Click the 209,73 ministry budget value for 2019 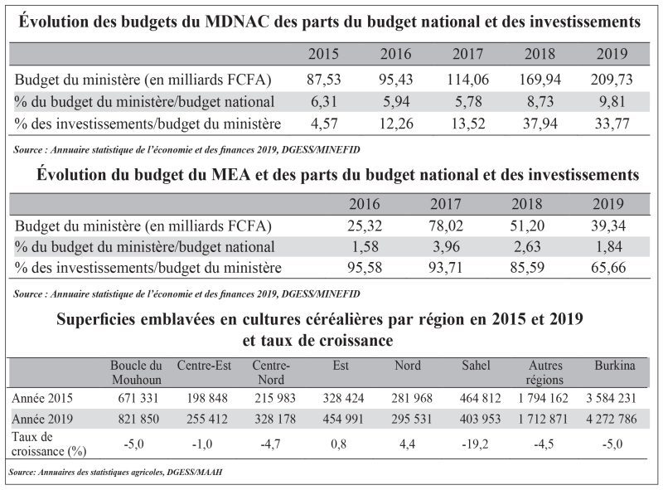[x=612, y=79]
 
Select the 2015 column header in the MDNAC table [x=323, y=54]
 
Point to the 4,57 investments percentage [x=323, y=124]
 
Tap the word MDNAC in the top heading [x=237, y=22]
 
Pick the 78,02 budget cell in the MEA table [x=446, y=226]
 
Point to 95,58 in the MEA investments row [x=365, y=268]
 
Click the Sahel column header [x=476, y=365]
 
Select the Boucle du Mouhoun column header [x=137, y=372]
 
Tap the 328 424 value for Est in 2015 [x=343, y=398]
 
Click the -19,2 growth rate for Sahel [x=475, y=444]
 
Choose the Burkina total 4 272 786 [x=611, y=419]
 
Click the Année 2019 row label [x=42, y=419]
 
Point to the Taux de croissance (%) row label [x=49, y=444]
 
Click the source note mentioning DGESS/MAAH [x=115, y=472]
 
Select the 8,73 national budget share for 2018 [x=540, y=101]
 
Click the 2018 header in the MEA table [x=527, y=204]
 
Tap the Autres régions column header [x=545, y=372]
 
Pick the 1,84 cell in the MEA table [x=608, y=247]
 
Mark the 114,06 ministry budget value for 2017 [x=467, y=79]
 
